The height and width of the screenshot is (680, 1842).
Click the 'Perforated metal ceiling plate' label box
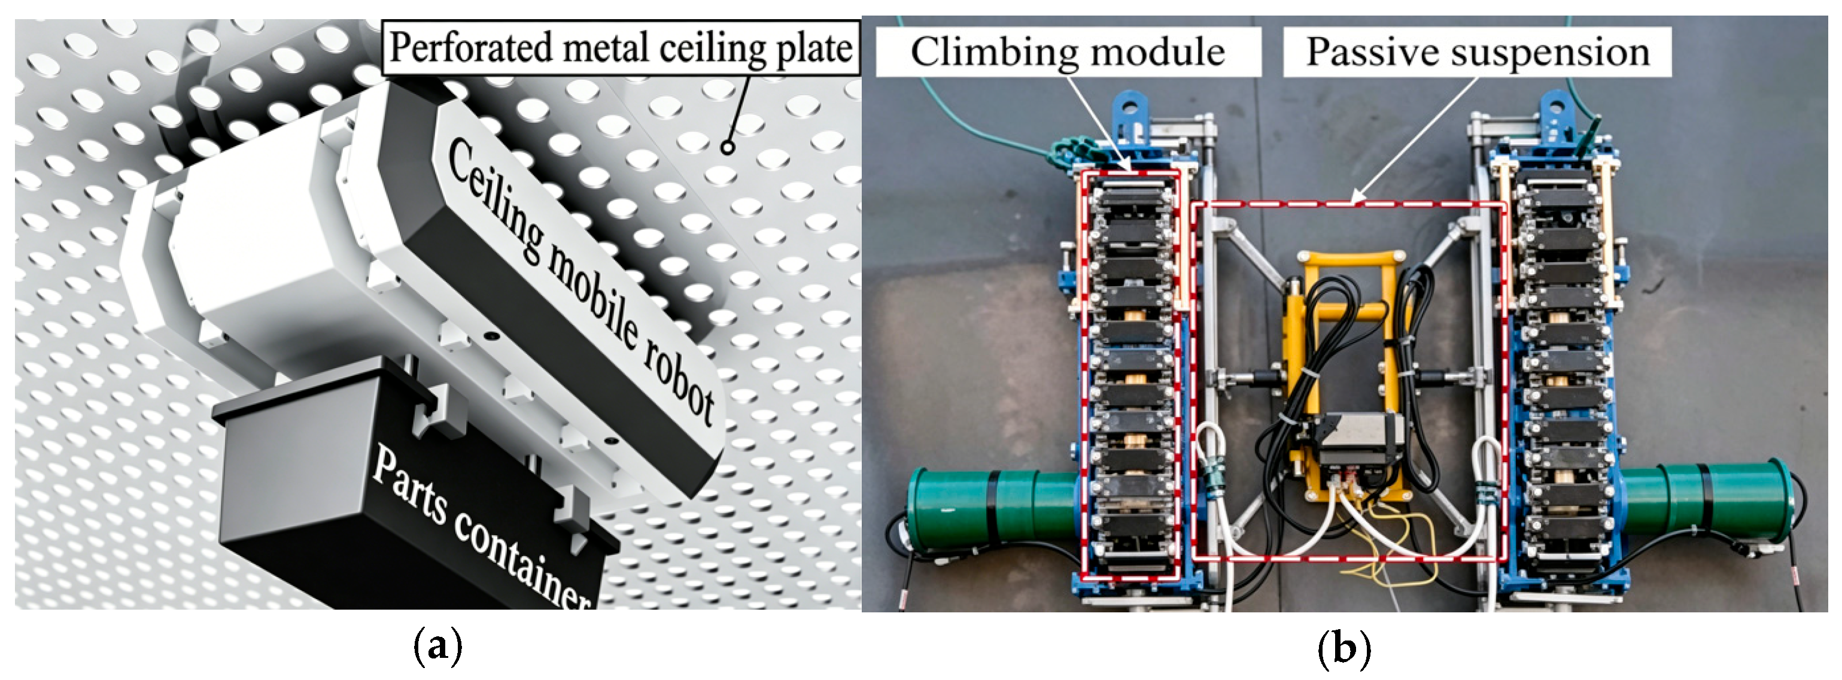coord(621,47)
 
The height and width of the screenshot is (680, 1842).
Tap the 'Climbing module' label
coord(1068,51)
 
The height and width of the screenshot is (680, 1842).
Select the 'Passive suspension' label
coord(1478,51)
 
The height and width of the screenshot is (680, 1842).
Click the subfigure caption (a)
coord(437,647)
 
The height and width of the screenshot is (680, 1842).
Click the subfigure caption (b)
coord(1343,647)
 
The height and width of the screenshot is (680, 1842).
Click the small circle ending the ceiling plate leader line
coord(727,148)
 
